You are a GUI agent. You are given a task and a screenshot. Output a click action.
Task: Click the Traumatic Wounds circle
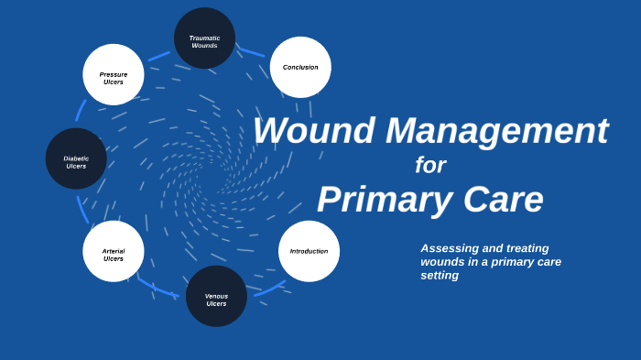[x=204, y=38]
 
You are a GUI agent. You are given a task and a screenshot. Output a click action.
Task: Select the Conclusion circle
[x=300, y=67]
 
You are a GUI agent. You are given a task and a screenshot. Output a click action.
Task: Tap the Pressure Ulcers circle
[x=114, y=75]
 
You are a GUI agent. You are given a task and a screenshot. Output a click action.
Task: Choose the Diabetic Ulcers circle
[x=76, y=158]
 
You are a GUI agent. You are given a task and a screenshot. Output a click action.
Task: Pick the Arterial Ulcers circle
[x=114, y=251]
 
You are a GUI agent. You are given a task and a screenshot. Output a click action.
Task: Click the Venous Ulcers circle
[x=216, y=296]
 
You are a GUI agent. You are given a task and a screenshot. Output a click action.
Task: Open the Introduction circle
[x=309, y=251]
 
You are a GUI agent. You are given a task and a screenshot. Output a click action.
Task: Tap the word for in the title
[x=430, y=165]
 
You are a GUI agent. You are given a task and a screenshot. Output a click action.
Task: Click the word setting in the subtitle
[x=440, y=275]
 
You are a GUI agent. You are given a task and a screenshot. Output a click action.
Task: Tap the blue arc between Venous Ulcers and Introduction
[x=269, y=288]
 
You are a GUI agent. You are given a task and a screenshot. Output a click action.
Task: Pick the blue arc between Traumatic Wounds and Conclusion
[x=252, y=49]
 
